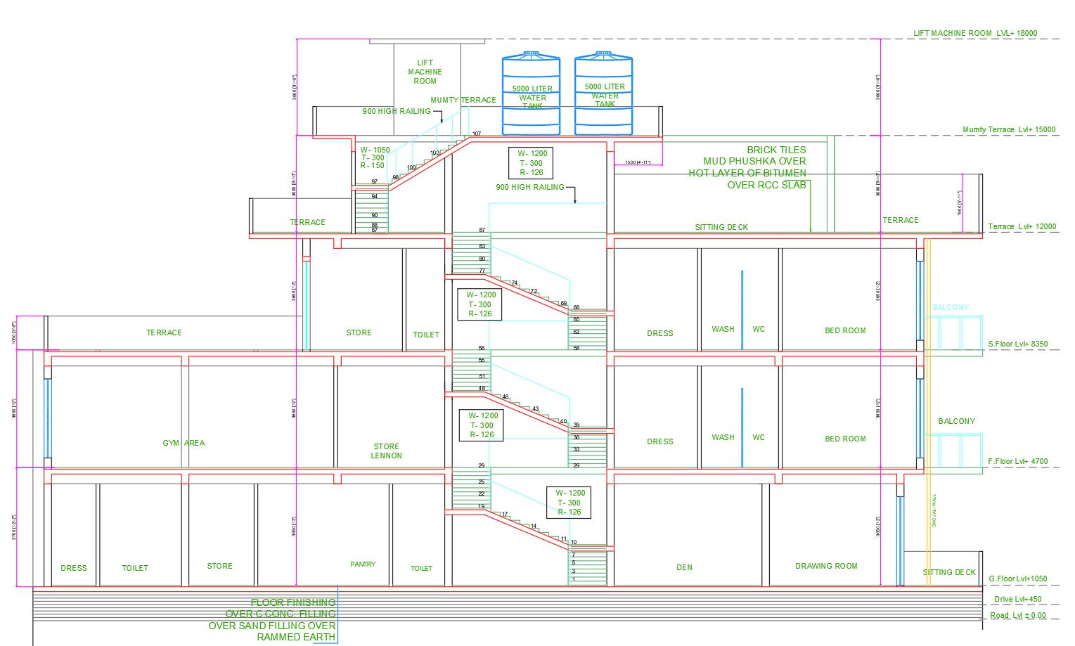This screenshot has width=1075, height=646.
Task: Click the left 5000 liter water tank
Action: pos(532,96)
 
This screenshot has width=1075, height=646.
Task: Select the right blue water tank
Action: pos(605,96)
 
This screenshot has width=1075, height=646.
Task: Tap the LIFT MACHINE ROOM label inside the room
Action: pos(425,72)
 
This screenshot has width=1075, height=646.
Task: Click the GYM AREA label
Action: pos(184,443)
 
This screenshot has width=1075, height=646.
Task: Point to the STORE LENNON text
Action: pos(387,451)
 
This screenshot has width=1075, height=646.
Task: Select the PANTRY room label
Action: pos(363,564)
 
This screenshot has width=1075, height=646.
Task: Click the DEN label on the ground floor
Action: pos(684,567)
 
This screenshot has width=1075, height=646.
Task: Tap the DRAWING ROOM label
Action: pos(826,566)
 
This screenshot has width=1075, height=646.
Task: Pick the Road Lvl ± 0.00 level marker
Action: pos(1018,616)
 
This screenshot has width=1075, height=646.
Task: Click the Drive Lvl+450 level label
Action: pos(1017,600)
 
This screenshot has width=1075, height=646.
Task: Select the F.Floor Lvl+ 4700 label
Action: pos(1017,462)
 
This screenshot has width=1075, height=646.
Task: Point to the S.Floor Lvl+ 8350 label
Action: pos(1017,344)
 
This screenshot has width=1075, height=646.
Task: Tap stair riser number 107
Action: pos(476,134)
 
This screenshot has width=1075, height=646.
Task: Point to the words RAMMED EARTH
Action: pos(296,638)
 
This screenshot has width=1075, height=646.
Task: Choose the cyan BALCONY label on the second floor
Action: pos(950,307)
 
